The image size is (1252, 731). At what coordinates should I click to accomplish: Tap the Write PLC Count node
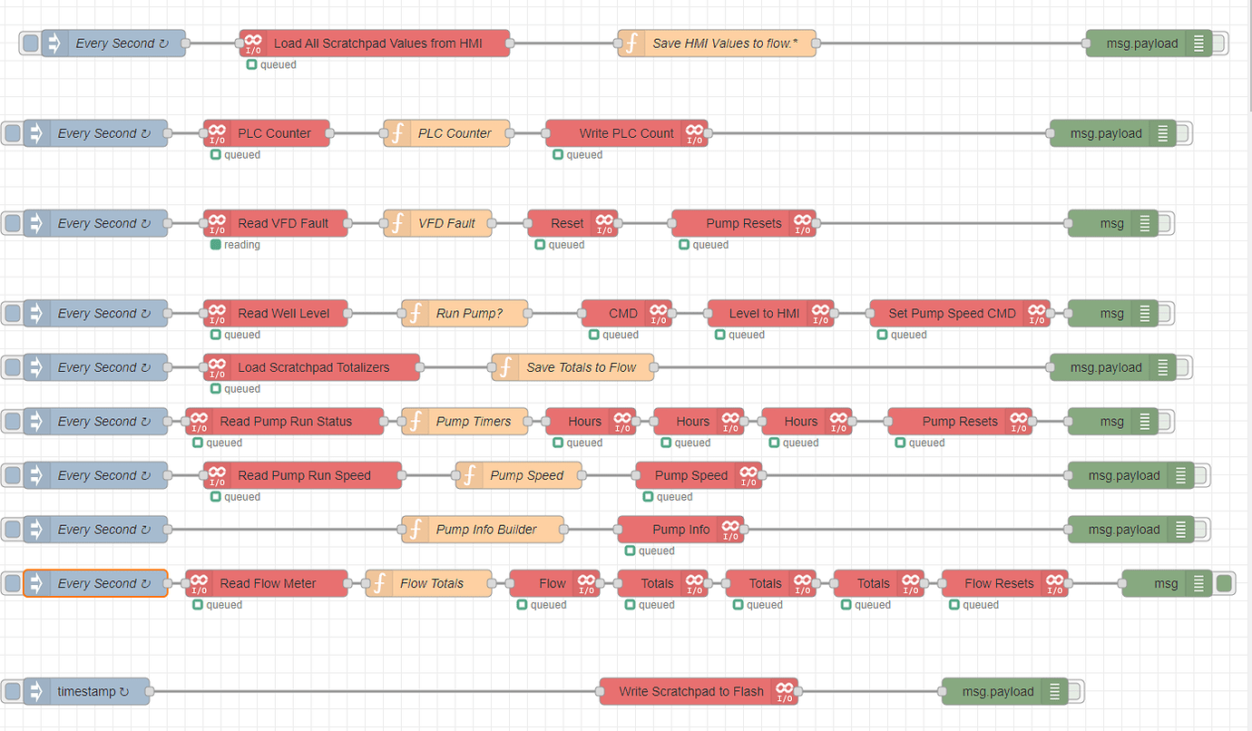pos(626,133)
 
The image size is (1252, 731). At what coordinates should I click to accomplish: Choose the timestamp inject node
pos(87,691)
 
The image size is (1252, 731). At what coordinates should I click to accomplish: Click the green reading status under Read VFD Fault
pos(216,245)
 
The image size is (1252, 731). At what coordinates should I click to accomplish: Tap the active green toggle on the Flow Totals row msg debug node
pos(1224,583)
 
